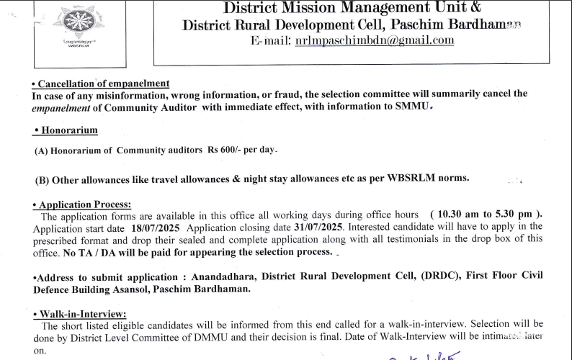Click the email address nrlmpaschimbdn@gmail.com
pos(375,40)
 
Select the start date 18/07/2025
pos(154,226)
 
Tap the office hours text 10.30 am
pos(459,215)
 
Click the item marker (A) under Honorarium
pos(42,150)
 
